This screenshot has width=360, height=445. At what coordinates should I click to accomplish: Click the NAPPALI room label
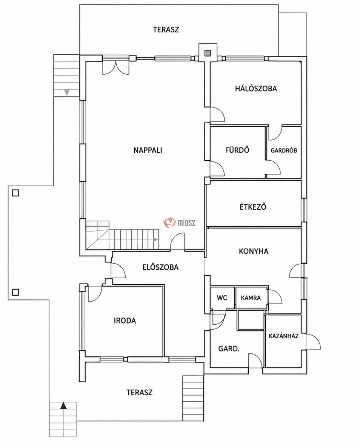click(148, 150)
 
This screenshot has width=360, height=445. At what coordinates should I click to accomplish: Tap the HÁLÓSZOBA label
click(256, 89)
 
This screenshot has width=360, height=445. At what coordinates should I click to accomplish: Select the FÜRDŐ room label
click(237, 150)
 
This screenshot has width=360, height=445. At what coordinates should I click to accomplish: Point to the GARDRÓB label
click(284, 150)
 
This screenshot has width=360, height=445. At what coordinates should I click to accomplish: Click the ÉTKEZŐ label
click(253, 207)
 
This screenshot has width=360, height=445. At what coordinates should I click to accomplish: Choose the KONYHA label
click(253, 252)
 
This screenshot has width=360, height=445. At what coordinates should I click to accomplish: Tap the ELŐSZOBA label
click(161, 267)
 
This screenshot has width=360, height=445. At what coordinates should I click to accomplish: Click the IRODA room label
click(125, 321)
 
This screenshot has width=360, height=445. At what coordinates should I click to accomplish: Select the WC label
click(222, 298)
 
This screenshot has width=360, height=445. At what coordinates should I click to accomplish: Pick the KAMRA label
click(251, 298)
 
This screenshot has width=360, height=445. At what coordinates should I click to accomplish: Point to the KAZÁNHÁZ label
click(283, 336)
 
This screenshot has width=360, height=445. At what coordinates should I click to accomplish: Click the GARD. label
click(229, 349)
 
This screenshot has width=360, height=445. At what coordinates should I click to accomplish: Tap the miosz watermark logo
click(179, 222)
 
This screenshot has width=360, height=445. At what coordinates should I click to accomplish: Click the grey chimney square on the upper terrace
click(207, 53)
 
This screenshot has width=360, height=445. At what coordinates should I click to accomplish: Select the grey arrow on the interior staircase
click(156, 240)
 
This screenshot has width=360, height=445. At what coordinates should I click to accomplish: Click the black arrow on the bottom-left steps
click(63, 406)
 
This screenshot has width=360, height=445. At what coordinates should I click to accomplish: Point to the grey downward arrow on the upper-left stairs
click(67, 92)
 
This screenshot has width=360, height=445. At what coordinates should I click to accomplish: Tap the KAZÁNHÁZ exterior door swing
click(313, 342)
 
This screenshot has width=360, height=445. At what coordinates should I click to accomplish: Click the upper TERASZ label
click(166, 30)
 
